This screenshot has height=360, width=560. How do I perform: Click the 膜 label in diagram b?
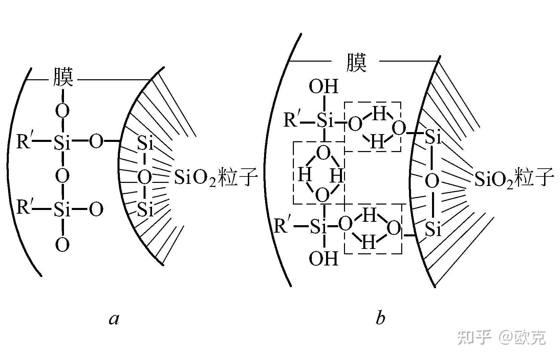coord(356,63)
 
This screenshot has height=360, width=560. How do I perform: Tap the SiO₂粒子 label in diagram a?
coord(216,177)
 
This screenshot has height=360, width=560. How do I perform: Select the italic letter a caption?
coord(114,319)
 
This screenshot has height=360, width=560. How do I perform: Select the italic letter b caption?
coord(381,318)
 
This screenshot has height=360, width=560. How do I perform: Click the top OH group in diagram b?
coord(323,87)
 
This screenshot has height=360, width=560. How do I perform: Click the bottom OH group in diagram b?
coord(323,259)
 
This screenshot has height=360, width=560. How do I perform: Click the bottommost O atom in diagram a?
coord(62,244)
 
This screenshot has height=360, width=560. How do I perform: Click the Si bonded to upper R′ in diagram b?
coord(325,121)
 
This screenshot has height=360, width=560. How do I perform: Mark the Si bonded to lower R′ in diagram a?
coord(62,210)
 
